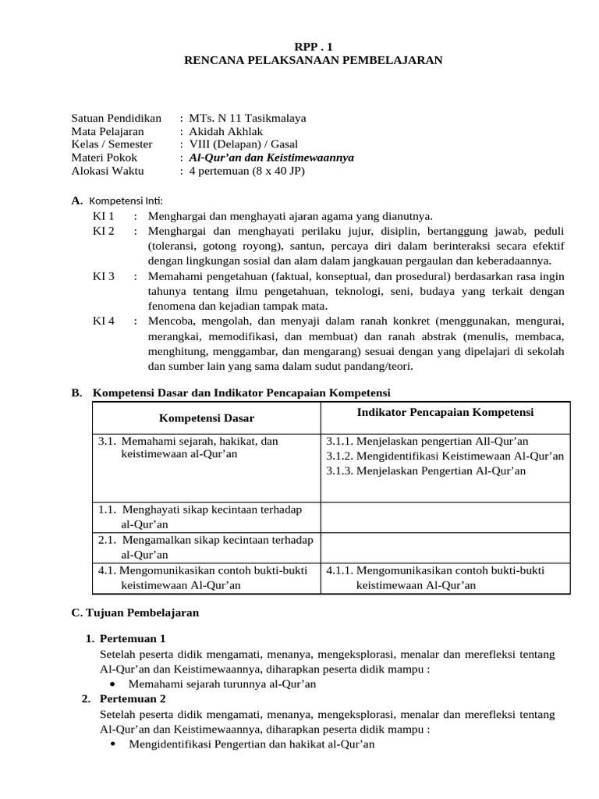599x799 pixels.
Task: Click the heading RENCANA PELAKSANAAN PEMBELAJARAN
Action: [x=312, y=60]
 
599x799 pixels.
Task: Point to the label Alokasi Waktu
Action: [x=105, y=170]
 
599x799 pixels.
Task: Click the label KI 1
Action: [x=104, y=215]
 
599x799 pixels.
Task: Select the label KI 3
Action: [x=104, y=276]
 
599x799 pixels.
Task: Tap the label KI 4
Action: [x=104, y=321]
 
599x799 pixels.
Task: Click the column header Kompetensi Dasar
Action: [x=207, y=419]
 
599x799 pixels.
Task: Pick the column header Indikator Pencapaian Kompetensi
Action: [x=445, y=411]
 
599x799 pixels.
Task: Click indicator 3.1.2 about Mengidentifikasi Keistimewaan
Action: [x=445, y=456]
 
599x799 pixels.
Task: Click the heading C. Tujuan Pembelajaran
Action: [x=135, y=613]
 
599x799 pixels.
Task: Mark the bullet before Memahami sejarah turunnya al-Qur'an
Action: [x=113, y=684]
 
